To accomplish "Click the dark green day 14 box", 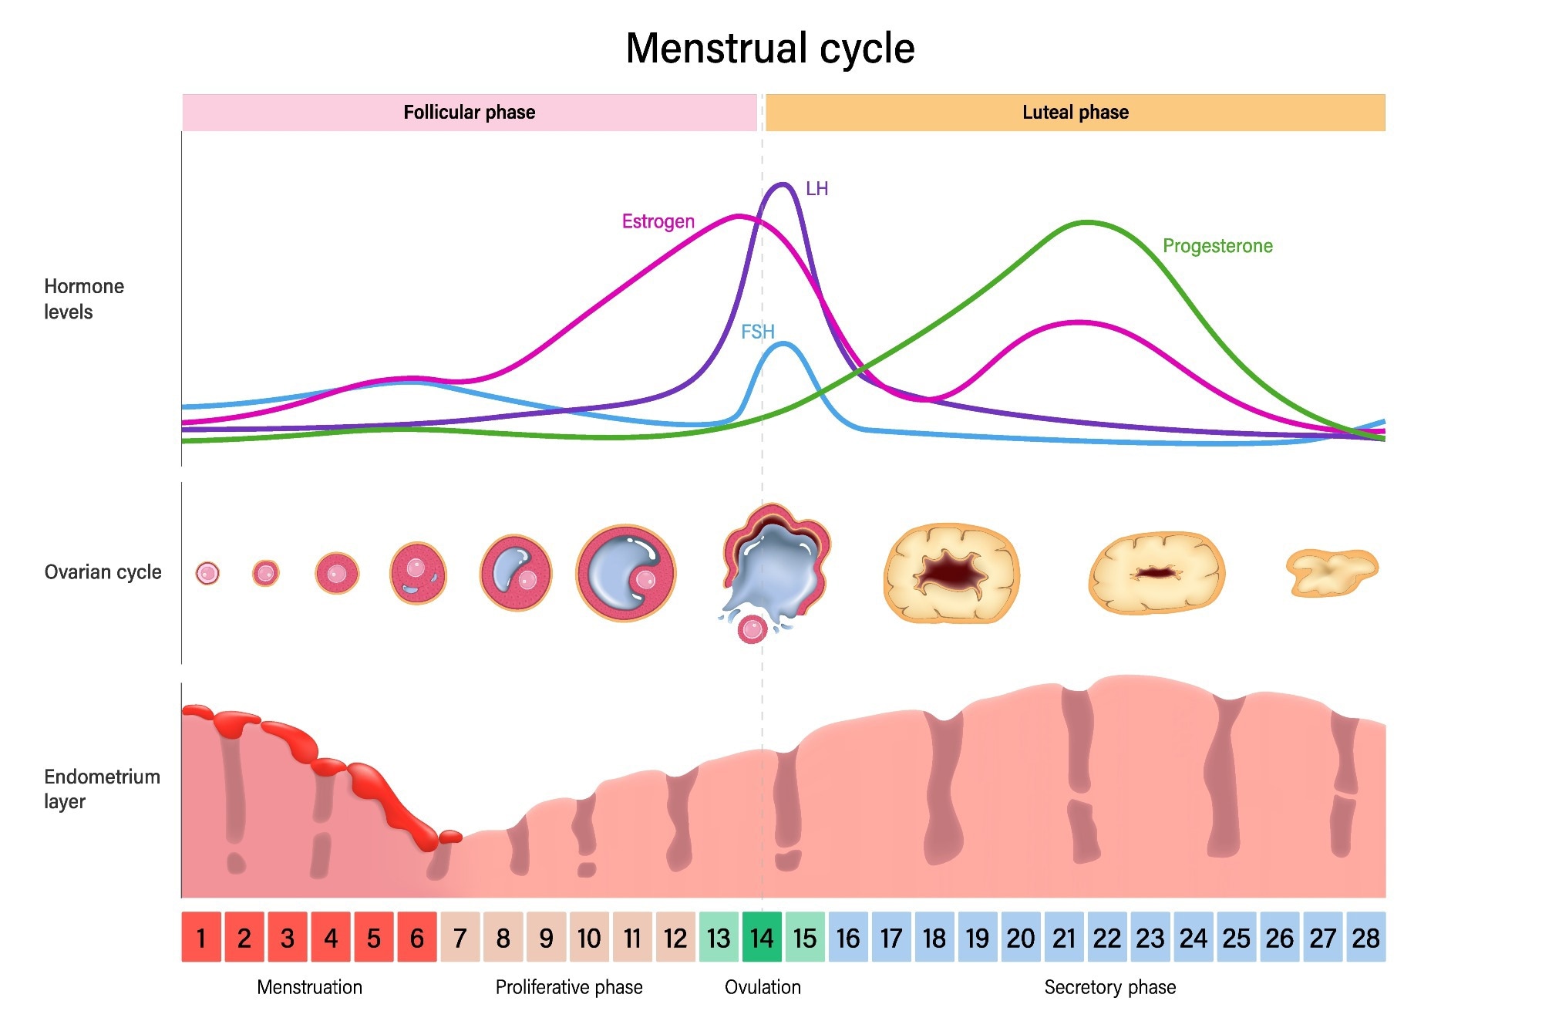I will (x=762, y=937).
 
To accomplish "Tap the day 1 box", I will (x=201, y=937).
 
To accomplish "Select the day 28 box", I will (x=1365, y=937).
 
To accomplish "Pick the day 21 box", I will (x=1064, y=937).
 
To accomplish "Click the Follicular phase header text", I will (x=469, y=113).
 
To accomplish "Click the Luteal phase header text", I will (x=1075, y=113).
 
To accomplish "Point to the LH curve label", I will (x=816, y=189).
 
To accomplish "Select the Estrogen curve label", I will (x=658, y=222).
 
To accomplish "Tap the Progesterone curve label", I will (x=1217, y=246).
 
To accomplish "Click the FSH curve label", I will (x=757, y=332).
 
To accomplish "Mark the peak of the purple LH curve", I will (x=783, y=184).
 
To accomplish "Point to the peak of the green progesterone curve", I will (x=1086, y=223).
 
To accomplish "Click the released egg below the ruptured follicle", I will (x=752, y=629).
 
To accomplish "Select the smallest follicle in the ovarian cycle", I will (x=207, y=573).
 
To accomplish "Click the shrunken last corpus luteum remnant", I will (x=1331, y=572).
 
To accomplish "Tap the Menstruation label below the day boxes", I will (x=309, y=987).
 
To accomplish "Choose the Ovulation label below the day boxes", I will (x=763, y=987).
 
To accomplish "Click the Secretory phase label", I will (x=1109, y=987).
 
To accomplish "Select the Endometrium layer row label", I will (x=102, y=788).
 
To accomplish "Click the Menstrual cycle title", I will (x=769, y=49).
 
